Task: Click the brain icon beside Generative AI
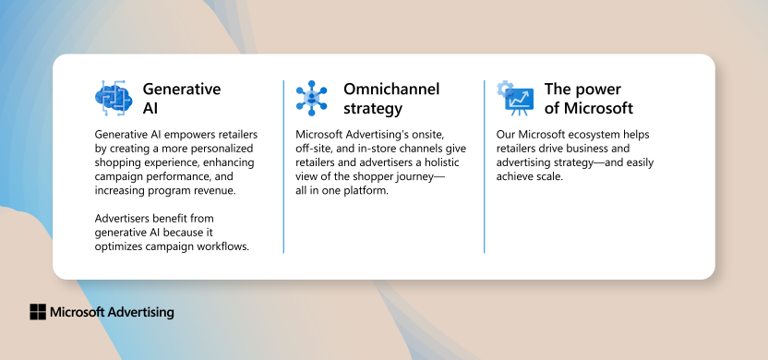[114, 98]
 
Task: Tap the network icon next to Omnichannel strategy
[311, 98]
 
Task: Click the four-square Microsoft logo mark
[38, 312]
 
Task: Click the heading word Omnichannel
[391, 90]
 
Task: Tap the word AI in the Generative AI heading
[151, 108]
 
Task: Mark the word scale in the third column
[557, 176]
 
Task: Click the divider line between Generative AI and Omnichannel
[283, 166]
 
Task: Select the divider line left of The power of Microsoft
[484, 166]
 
